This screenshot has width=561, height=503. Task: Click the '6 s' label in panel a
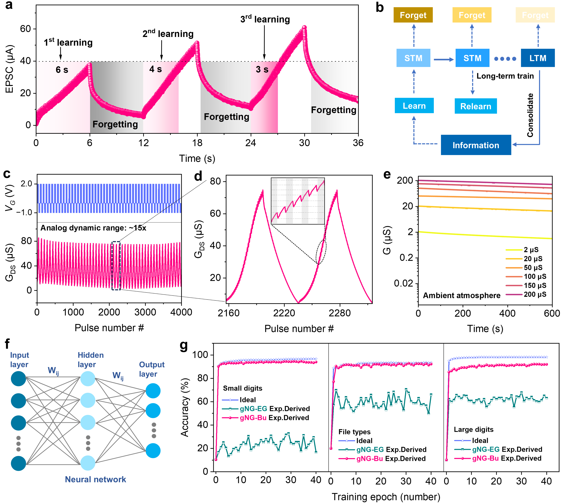[62, 70]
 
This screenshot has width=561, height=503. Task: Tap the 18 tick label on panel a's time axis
[197, 143]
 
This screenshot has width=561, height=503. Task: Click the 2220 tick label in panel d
[284, 313]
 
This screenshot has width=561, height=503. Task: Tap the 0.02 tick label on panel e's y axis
[403, 283]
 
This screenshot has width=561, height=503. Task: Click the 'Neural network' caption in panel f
[95, 479]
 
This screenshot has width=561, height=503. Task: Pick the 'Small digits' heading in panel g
[242, 388]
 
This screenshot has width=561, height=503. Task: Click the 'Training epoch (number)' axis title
[386, 497]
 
